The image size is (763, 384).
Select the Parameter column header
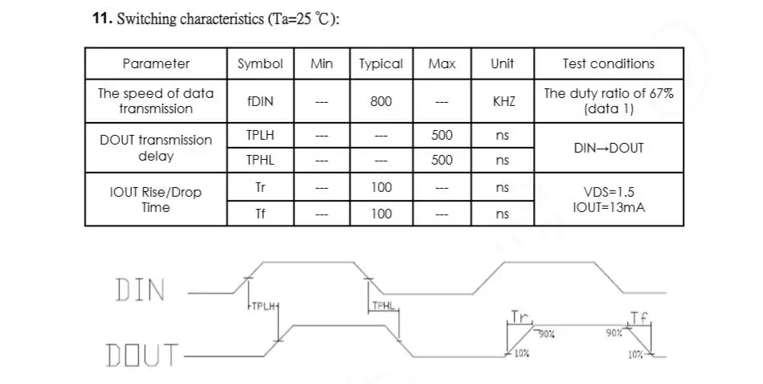tap(156, 63)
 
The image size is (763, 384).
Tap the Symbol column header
tap(260, 63)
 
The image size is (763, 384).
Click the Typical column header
tap(381, 63)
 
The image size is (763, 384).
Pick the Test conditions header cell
tap(609, 63)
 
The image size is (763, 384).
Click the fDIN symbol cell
tap(260, 101)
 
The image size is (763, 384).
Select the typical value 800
tap(381, 101)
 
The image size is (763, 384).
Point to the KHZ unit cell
tap(503, 101)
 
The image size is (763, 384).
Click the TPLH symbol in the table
tap(260, 135)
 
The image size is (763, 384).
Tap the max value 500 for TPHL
tap(442, 160)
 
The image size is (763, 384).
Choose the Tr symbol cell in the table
tap(260, 187)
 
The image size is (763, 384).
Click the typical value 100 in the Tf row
tap(381, 214)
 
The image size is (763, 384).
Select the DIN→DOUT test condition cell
tap(609, 148)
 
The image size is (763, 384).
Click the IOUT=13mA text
tap(609, 207)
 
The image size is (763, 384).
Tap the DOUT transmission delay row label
tap(156, 148)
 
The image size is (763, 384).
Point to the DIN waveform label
tap(141, 290)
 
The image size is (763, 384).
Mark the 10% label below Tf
tap(635, 354)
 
